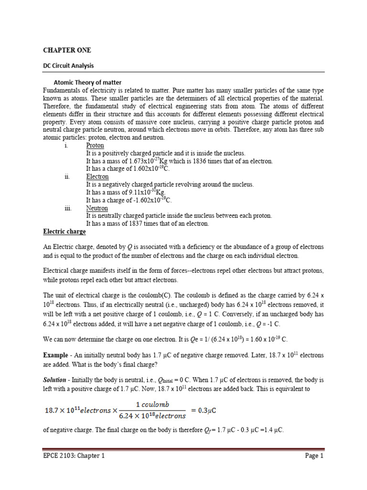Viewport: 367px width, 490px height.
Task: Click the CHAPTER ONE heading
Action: click(x=67, y=50)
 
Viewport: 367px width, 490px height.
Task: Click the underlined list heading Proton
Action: click(x=95, y=145)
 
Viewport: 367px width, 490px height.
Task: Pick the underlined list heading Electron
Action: click(x=97, y=177)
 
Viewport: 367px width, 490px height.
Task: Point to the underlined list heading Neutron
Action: click(x=97, y=208)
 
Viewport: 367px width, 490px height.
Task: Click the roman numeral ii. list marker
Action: click(x=67, y=177)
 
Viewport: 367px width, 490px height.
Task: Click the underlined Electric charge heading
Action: click(x=65, y=232)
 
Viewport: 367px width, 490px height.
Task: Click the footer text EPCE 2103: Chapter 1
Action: click(x=74, y=456)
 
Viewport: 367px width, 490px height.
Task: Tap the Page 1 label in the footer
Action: click(x=314, y=456)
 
